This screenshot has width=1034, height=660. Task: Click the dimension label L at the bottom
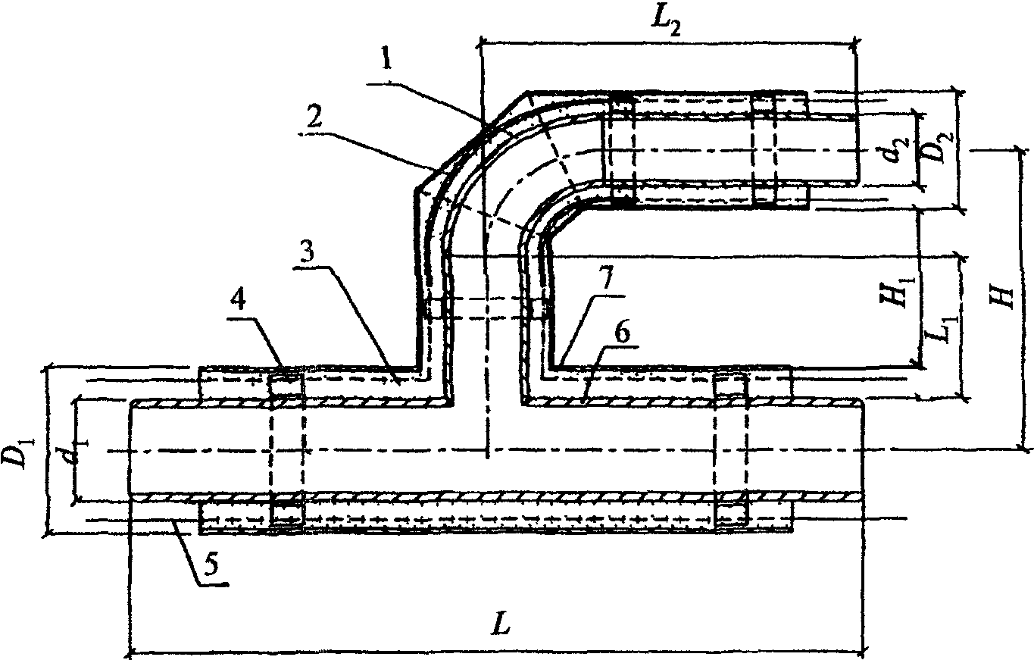pyautogui.click(x=498, y=627)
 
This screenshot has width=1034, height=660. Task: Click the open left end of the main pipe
pyautogui.click(x=132, y=450)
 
